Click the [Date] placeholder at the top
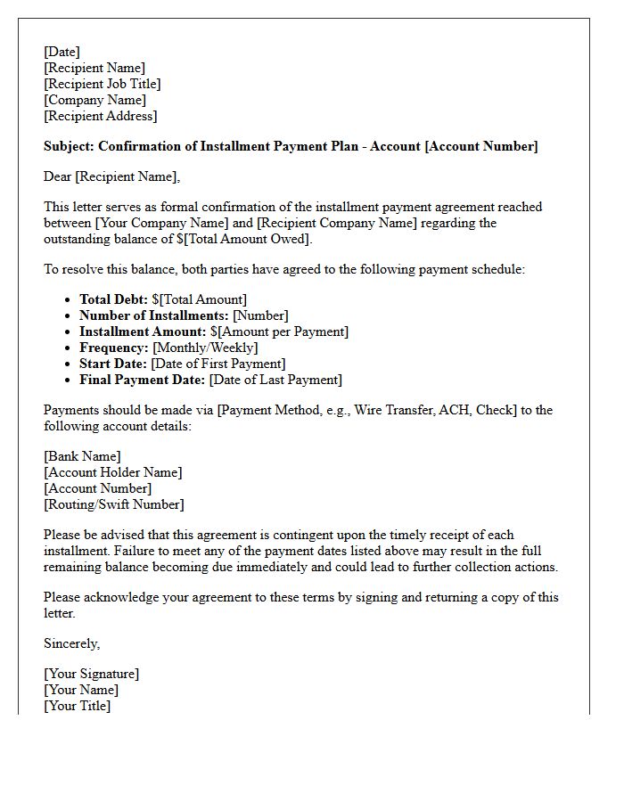(62, 52)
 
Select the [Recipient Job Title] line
(102, 84)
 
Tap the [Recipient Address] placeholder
(100, 116)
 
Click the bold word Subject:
(69, 146)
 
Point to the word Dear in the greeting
(57, 176)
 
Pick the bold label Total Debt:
(113, 299)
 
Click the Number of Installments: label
(153, 315)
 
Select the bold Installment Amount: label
(143, 331)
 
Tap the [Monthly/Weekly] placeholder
(205, 348)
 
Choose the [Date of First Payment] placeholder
(218, 364)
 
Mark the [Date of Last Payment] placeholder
(275, 380)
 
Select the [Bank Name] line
(82, 456)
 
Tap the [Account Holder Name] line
(112, 472)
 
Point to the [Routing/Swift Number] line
(113, 504)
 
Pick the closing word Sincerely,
(72, 643)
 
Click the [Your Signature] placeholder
(91, 674)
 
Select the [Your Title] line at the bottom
(77, 706)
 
